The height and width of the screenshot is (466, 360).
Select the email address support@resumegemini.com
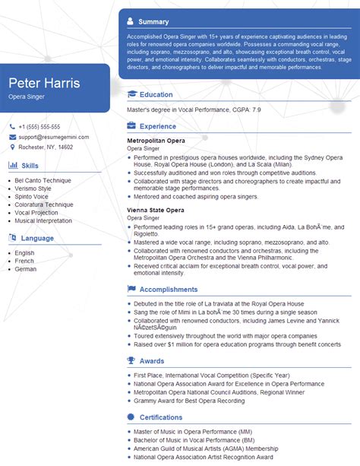pyautogui.click(x=53, y=137)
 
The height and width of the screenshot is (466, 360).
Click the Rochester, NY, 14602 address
pyautogui.click(x=46, y=147)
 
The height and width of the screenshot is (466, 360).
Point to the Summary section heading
pyautogui.click(x=154, y=22)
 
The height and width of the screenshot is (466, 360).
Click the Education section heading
pyautogui.click(x=156, y=94)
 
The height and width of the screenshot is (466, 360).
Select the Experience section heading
pyautogui.click(x=158, y=126)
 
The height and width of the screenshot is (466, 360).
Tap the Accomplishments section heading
pyautogui.click(x=169, y=289)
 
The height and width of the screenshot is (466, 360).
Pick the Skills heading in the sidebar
pyautogui.click(x=30, y=165)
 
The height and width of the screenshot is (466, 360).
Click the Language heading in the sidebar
pyautogui.click(x=37, y=238)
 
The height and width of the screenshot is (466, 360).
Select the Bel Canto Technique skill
pyautogui.click(x=43, y=179)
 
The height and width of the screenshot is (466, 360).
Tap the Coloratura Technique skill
pyautogui.click(x=44, y=204)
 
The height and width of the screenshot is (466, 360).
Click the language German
pyautogui.click(x=25, y=269)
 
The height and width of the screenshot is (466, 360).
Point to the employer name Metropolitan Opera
pyautogui.click(x=156, y=141)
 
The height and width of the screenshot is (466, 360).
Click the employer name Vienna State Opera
pyautogui.click(x=156, y=210)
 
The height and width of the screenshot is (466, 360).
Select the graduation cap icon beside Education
pyautogui.click(x=132, y=94)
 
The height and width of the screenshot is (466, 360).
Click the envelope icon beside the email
pyautogui.click(x=13, y=137)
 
